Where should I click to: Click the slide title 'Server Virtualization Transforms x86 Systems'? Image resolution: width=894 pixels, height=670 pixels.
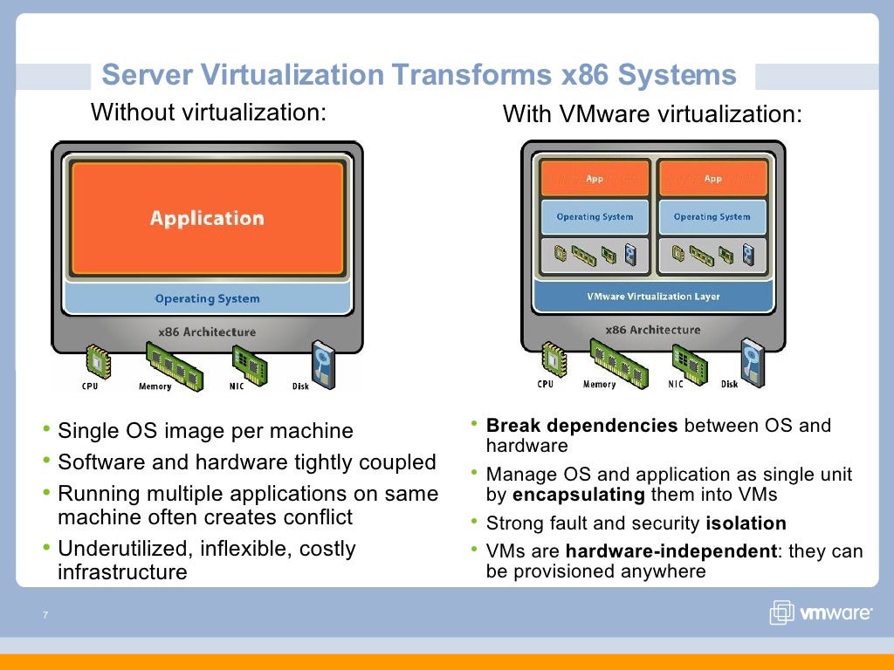tap(419, 75)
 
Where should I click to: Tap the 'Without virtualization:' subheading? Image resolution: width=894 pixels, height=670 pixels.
tap(209, 113)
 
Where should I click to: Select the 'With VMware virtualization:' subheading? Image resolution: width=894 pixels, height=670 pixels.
tap(651, 114)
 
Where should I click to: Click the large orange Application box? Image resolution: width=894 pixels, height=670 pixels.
tap(207, 218)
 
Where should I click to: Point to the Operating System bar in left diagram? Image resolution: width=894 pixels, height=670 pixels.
tap(207, 298)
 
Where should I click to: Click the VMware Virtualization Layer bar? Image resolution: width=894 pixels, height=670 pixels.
tap(653, 297)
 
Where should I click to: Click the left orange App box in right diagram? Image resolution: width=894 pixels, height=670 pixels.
tap(595, 179)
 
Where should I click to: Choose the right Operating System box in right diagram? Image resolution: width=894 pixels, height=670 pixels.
tap(712, 217)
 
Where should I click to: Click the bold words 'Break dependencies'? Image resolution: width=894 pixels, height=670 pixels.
tap(581, 426)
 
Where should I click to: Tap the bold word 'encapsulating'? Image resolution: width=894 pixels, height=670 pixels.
tap(578, 495)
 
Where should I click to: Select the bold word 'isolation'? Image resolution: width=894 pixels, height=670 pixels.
tap(746, 523)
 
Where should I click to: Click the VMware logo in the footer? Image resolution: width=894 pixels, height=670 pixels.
tap(820, 612)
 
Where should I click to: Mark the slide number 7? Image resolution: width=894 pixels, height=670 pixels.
tap(43, 616)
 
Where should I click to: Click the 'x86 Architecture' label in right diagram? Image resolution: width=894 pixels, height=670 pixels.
tap(652, 330)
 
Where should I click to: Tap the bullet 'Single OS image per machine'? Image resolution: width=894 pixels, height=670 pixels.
tap(205, 431)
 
